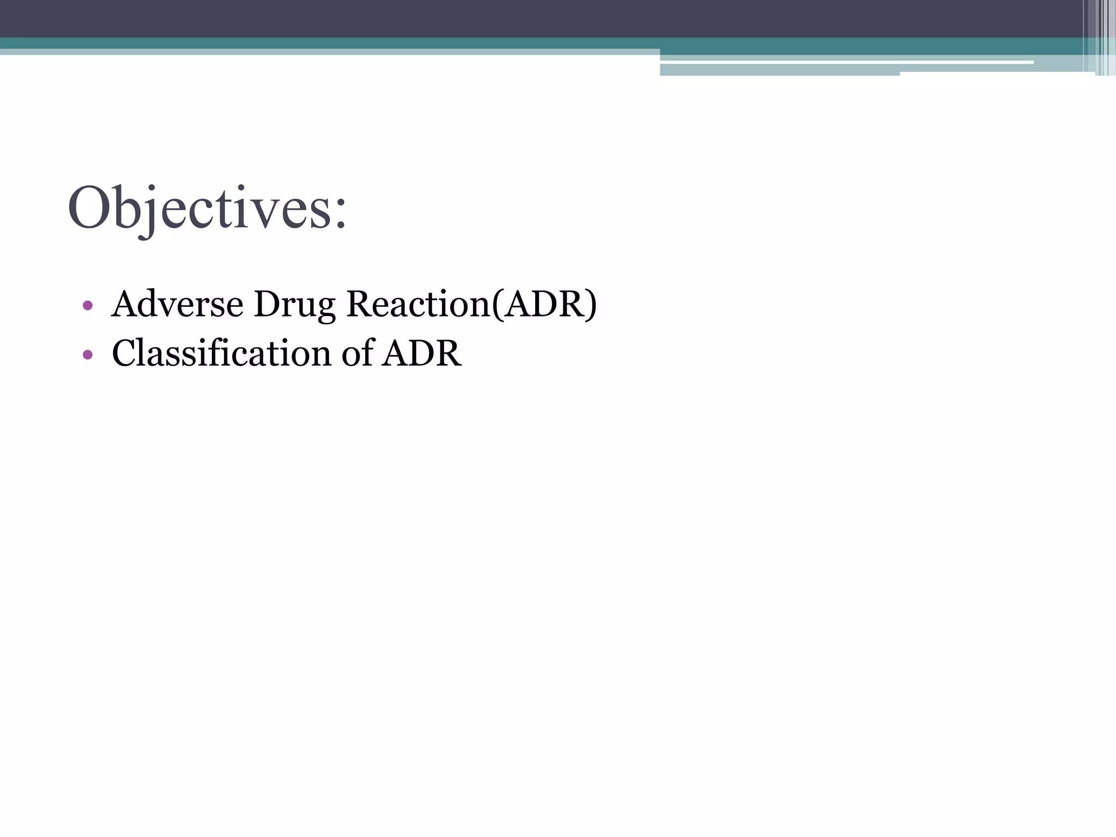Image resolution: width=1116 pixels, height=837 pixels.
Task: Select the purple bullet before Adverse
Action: (x=88, y=306)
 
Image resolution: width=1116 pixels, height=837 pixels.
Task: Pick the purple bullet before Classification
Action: (x=88, y=355)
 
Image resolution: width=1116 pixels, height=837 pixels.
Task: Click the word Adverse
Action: (x=177, y=304)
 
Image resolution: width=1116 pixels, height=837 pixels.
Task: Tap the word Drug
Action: (x=294, y=305)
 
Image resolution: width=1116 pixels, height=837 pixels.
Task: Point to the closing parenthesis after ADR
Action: (x=591, y=305)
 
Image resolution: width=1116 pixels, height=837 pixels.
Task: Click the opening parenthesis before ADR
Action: (x=496, y=305)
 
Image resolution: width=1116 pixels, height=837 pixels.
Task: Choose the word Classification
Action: (x=221, y=353)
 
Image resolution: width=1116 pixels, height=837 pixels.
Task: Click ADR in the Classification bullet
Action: (x=421, y=354)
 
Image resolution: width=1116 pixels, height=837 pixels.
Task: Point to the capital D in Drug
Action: (x=265, y=304)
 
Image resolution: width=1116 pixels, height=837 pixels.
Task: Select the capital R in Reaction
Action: (x=358, y=304)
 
